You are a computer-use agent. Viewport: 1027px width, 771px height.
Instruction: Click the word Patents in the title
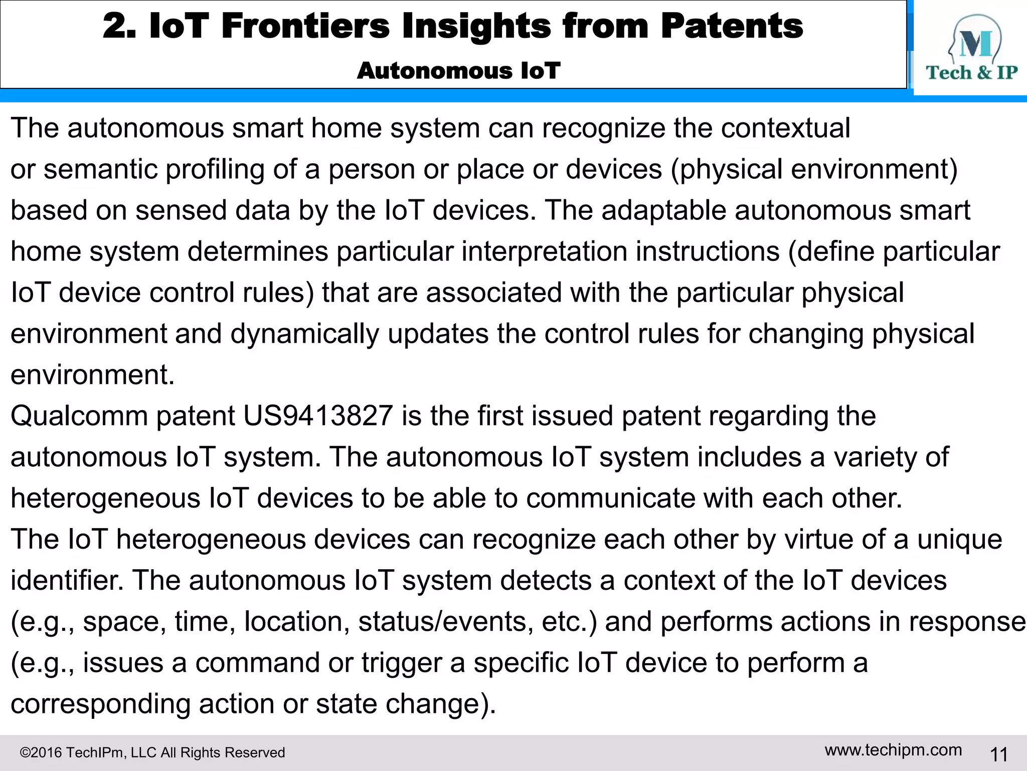coord(732,26)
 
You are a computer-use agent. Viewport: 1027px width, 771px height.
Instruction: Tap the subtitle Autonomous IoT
coord(458,71)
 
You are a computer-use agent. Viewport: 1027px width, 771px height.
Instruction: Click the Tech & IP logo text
coord(971,73)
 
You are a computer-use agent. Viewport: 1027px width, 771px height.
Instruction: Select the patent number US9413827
coord(318,416)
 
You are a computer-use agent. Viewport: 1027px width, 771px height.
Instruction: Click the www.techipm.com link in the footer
coord(893,750)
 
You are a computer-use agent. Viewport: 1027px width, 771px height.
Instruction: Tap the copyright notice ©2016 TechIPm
coord(152,752)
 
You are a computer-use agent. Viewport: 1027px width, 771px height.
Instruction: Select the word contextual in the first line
coord(785,128)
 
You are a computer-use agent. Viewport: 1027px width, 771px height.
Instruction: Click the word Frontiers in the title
coord(305,26)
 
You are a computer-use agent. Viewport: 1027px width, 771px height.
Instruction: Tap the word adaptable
coord(663,210)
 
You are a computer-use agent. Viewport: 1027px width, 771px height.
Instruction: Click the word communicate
coord(610,498)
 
